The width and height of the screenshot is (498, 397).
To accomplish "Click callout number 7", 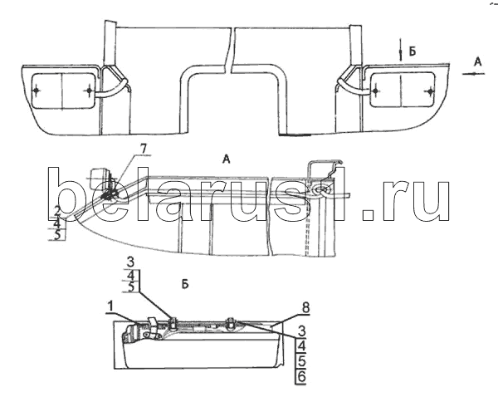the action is tap(144, 149).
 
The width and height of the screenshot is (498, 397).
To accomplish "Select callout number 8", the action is tap(305, 307).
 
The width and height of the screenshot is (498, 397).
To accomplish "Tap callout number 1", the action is tap(110, 307).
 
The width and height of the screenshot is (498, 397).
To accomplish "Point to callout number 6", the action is tap(301, 377).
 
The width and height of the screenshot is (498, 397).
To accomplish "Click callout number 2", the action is tap(57, 211).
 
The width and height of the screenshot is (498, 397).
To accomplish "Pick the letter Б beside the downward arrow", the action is tap(413, 51).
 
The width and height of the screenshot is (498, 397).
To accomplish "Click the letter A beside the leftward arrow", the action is tap(477, 61).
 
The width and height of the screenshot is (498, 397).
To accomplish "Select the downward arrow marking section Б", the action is tap(401, 50).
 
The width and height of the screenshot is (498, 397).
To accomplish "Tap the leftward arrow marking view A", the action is tap(474, 74).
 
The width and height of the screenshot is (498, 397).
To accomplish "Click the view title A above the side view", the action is tap(226, 159).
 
